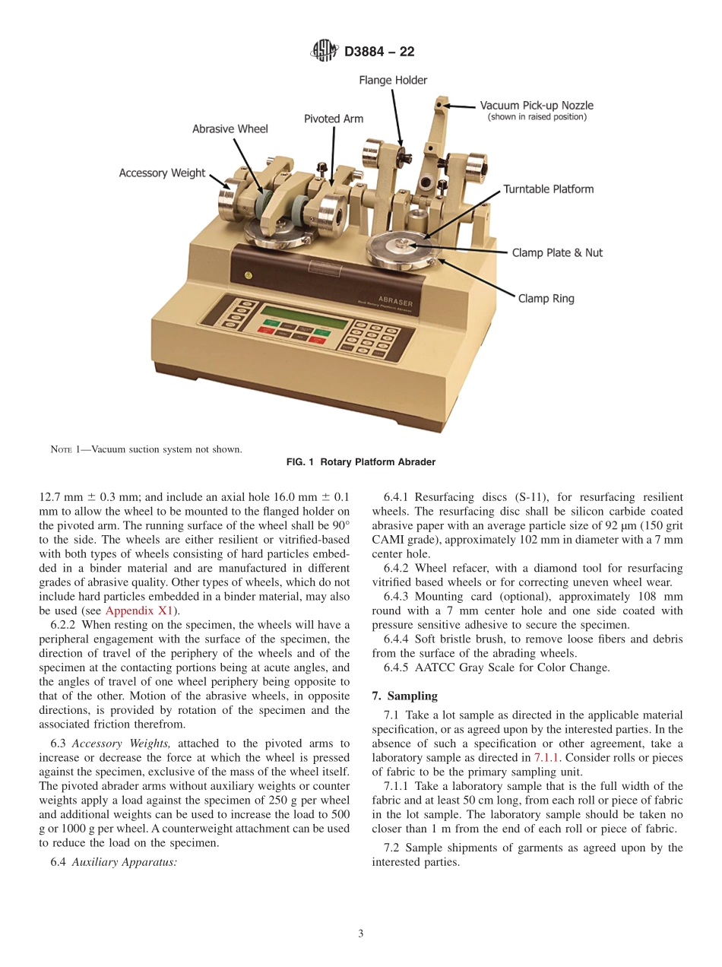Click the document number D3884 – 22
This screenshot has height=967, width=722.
[x=379, y=52]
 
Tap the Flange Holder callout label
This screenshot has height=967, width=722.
[x=393, y=81]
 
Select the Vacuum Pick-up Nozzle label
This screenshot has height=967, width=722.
[x=536, y=106]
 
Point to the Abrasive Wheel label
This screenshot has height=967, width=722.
[x=230, y=129]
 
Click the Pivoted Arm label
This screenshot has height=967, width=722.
[x=334, y=119]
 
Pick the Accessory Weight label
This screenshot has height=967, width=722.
[x=162, y=173]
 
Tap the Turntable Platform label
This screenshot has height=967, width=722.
[x=548, y=189]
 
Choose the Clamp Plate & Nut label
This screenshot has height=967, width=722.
[x=556, y=252]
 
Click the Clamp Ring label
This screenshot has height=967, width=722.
[x=546, y=299]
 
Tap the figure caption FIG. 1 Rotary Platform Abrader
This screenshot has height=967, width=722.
[x=360, y=462]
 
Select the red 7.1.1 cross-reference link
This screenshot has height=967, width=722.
[x=546, y=758]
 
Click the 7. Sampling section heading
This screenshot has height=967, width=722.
[x=404, y=696]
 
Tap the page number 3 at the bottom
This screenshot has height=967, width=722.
[x=361, y=934]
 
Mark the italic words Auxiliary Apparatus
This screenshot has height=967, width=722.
[x=125, y=863]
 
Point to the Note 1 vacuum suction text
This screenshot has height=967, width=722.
[x=146, y=449]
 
